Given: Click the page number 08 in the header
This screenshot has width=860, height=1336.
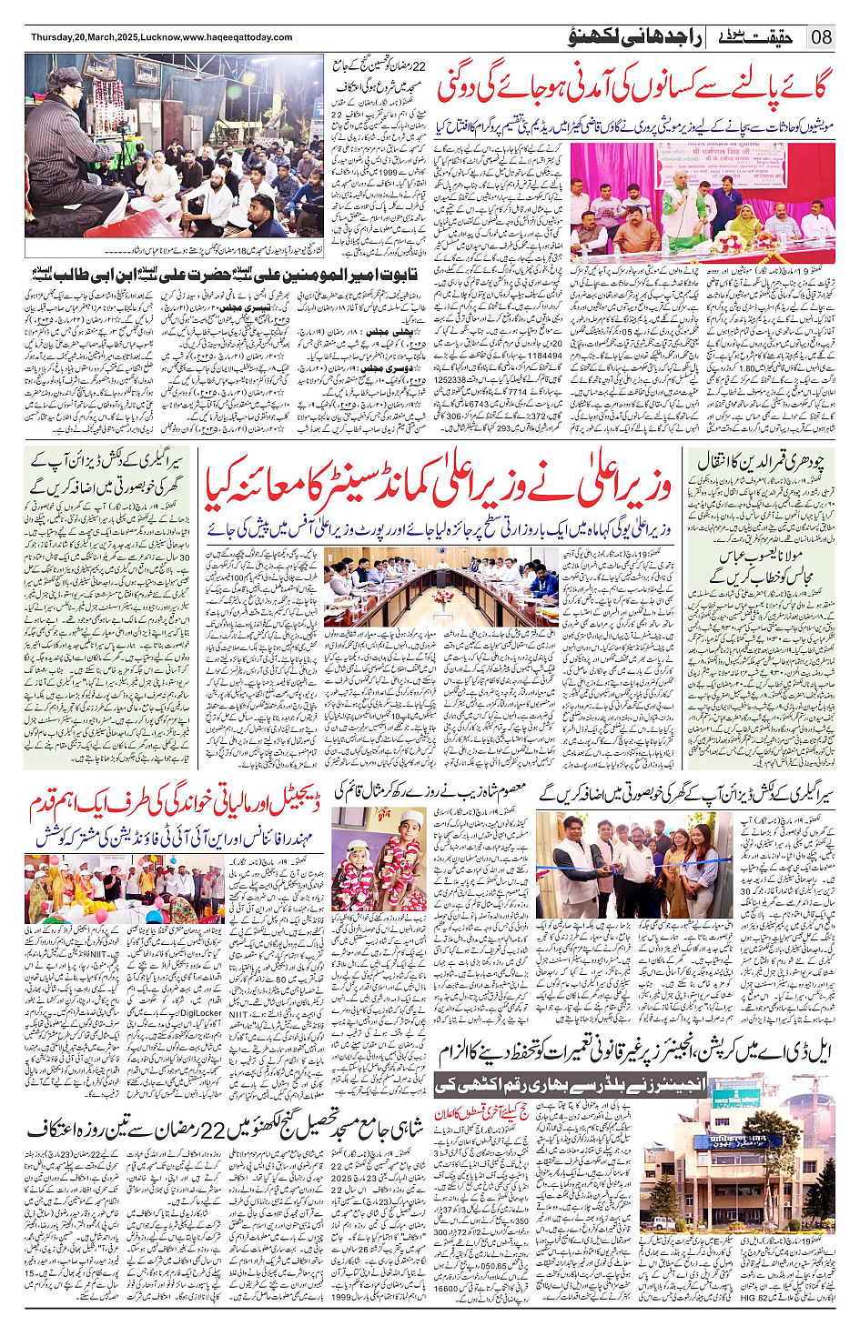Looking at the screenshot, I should tap(821, 37).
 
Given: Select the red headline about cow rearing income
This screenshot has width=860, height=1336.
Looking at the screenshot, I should tap(633, 87).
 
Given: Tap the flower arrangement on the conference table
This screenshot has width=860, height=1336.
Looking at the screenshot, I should tap(443, 598).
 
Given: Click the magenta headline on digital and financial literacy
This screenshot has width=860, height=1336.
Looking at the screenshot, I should tap(176, 803).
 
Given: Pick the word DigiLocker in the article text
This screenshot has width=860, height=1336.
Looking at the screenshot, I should tap(200, 1012).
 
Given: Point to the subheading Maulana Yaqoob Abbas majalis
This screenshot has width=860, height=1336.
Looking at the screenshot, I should tap(764, 565).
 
